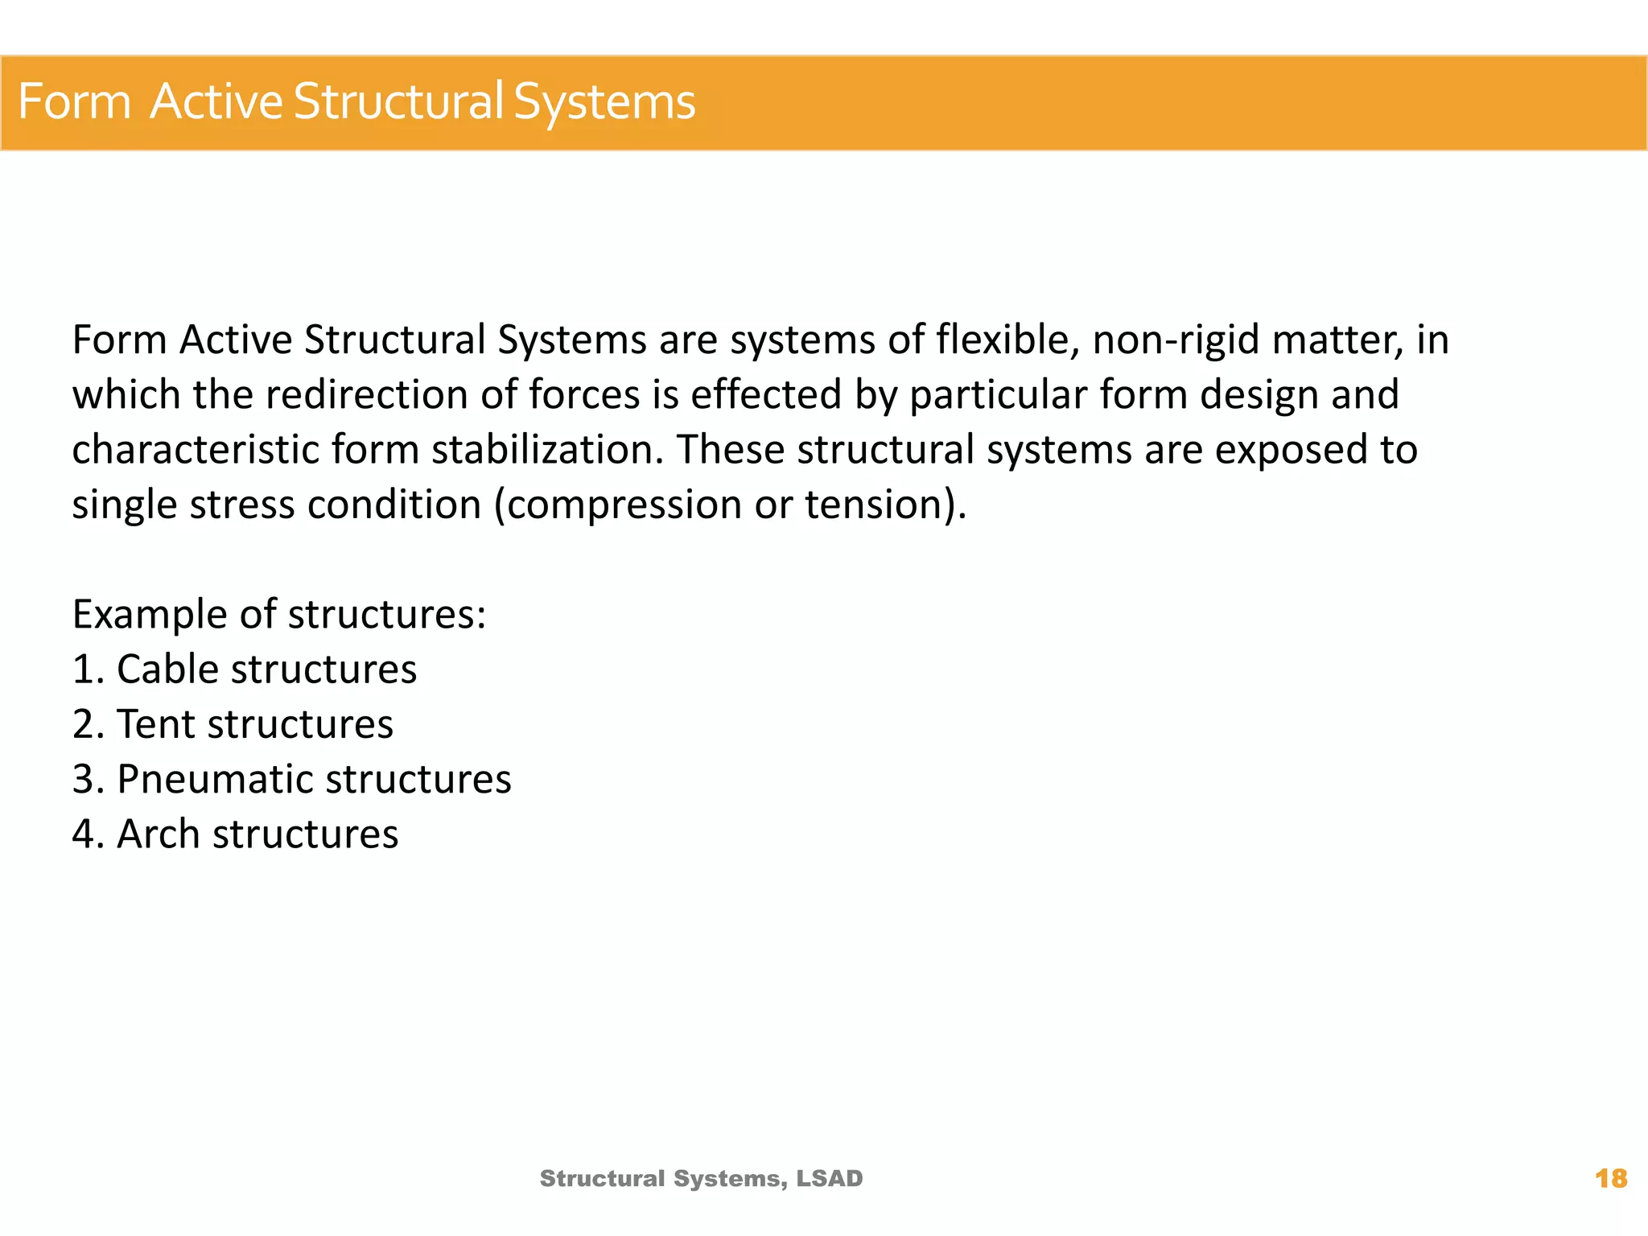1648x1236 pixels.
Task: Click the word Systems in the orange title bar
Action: coord(604,103)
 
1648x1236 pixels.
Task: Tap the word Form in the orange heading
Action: coord(74,102)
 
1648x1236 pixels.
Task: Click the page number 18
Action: coord(1610,1179)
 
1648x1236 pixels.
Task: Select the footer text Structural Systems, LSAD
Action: coord(701,1179)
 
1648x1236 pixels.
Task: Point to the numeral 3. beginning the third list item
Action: coord(88,780)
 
